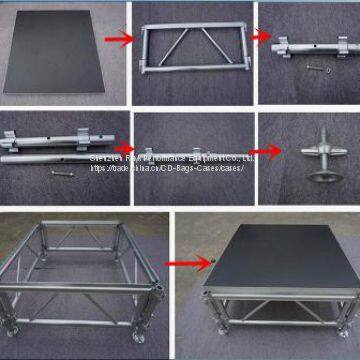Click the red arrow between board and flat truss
pos(118,39)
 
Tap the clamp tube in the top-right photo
pos(304,50)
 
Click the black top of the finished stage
pos(280,255)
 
